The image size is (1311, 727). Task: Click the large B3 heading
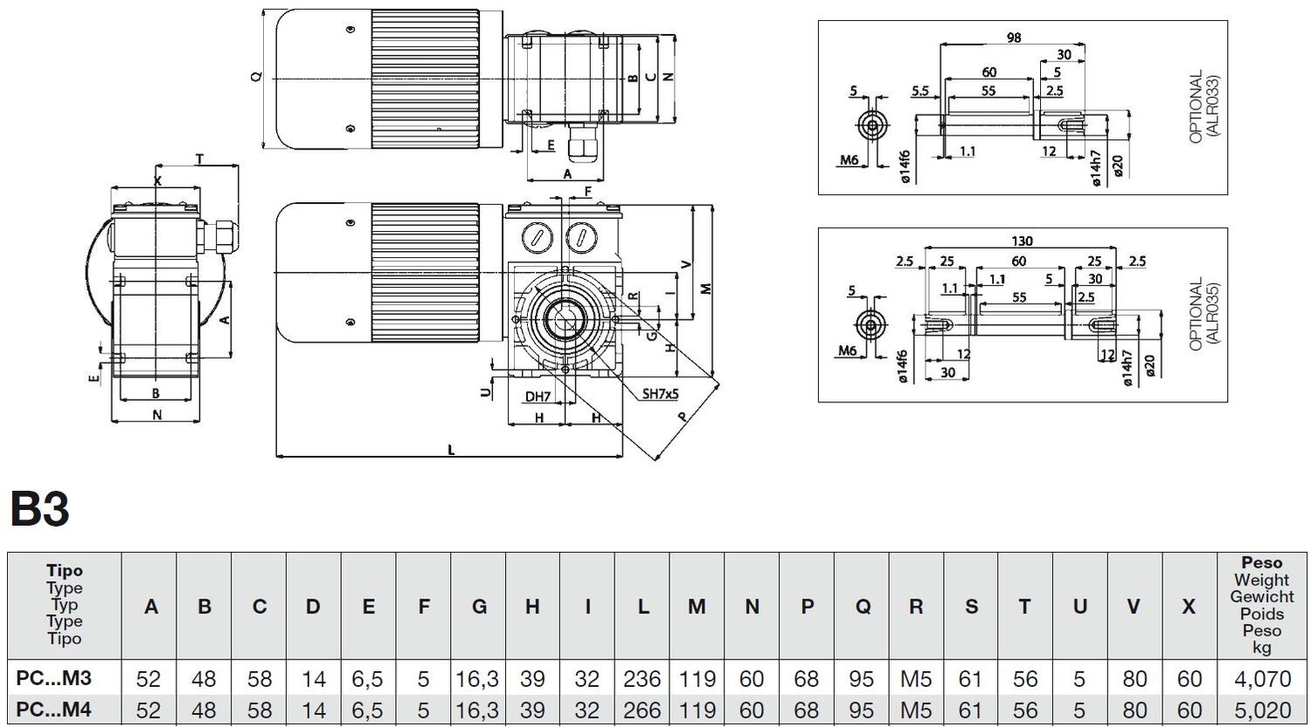coord(40,508)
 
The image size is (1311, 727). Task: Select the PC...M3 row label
coord(53,678)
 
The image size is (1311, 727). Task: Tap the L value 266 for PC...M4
coord(642,710)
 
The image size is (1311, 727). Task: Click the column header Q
coord(862,606)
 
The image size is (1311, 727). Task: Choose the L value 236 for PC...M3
coord(642,678)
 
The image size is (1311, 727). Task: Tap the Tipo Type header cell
coord(65,605)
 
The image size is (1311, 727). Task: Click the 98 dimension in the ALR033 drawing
coord(1013,38)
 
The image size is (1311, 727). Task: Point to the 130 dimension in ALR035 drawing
coord(1021,241)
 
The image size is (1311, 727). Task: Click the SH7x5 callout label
coord(660,395)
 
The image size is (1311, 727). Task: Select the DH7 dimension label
coord(538,396)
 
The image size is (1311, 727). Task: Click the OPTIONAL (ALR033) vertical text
coord(1203,107)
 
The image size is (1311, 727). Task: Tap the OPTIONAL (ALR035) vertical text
coord(1203,315)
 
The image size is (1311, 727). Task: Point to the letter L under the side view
coord(451,450)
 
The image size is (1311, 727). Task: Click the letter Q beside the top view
coord(256,77)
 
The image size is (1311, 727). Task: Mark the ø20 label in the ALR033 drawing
coord(1118,166)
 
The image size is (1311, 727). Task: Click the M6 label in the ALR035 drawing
coord(847,351)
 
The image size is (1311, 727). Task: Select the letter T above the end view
coord(199,159)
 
